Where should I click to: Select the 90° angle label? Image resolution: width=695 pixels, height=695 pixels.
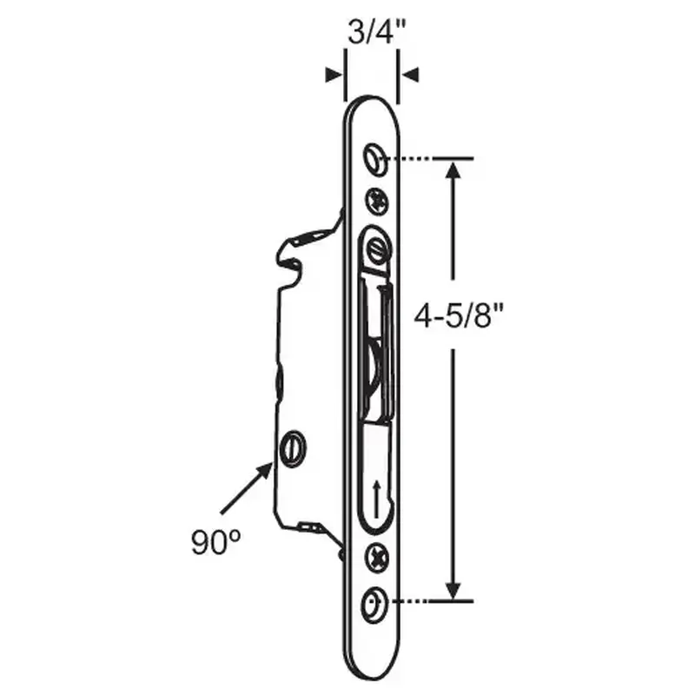pos(215,543)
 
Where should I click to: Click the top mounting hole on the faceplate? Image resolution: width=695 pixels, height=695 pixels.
pos(374,158)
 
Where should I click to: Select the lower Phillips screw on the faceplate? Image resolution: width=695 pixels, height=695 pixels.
pos(376,557)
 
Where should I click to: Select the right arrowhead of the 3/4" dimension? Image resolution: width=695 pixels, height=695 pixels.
pos(410,75)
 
